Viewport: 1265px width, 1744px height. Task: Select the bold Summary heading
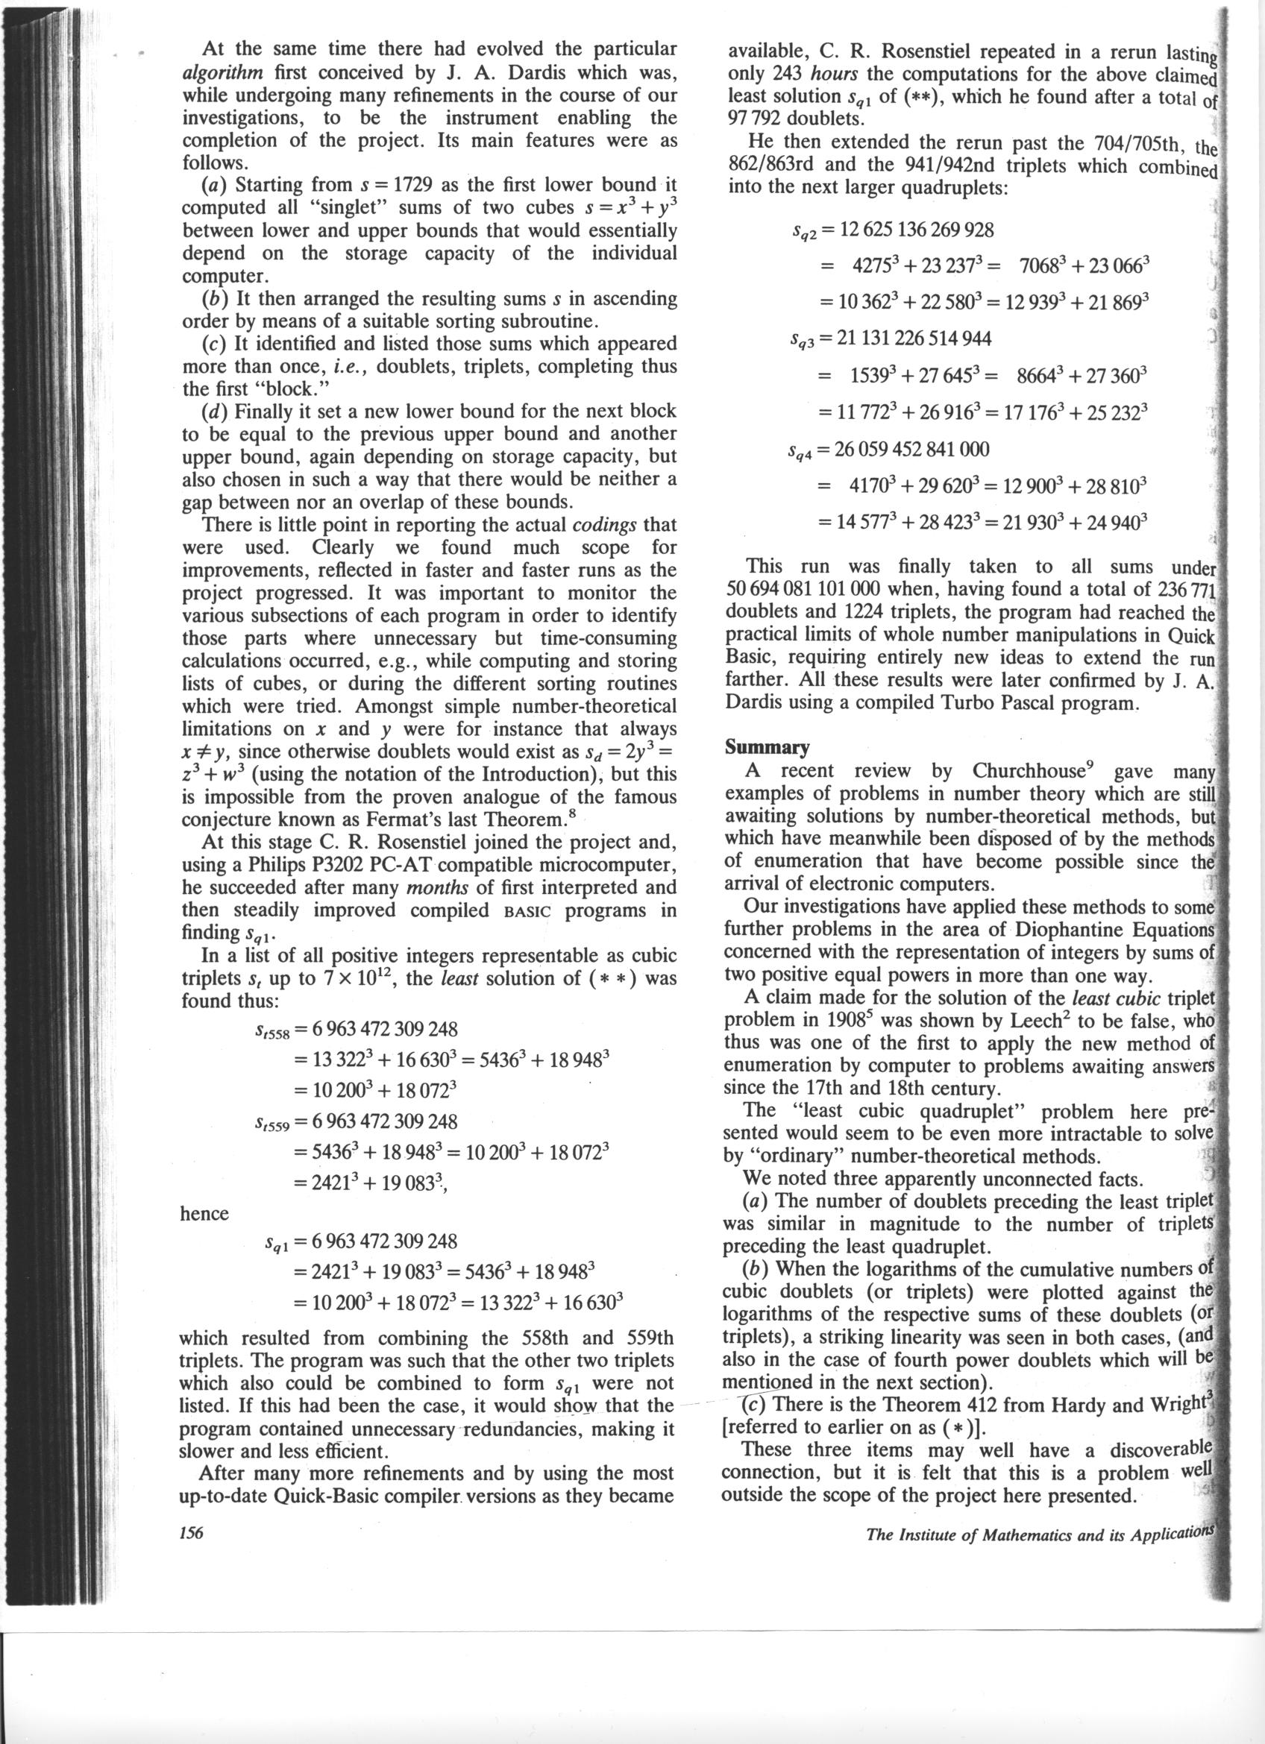(x=767, y=747)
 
